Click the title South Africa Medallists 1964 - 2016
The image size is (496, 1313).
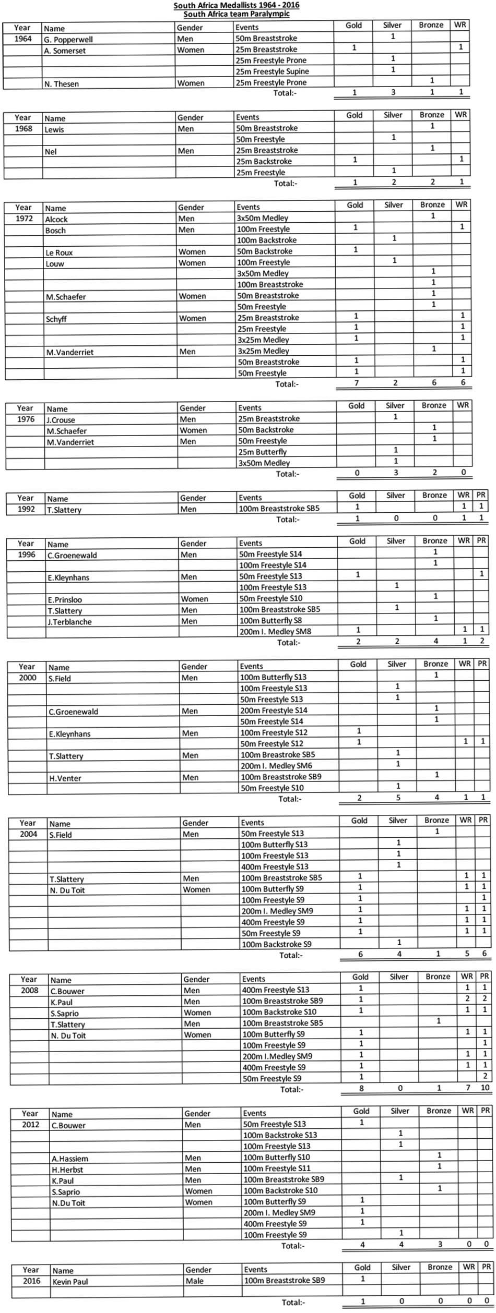click(237, 5)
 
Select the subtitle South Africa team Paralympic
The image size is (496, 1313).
click(237, 14)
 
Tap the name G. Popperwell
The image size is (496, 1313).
click(68, 40)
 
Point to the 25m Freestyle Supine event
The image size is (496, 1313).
click(272, 71)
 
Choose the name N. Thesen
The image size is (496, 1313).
click(62, 83)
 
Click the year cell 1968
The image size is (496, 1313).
click(23, 129)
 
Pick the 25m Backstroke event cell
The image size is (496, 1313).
click(264, 161)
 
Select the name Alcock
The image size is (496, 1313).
click(56, 220)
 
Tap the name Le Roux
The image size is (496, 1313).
click(59, 253)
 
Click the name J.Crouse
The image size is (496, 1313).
click(61, 420)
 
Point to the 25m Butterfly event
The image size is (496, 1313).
click(263, 452)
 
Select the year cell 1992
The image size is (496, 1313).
click(26, 509)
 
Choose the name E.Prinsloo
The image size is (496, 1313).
click(65, 600)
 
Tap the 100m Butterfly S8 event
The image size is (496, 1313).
click(270, 621)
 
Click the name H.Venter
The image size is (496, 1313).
click(65, 778)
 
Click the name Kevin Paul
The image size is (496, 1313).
click(70, 1282)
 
